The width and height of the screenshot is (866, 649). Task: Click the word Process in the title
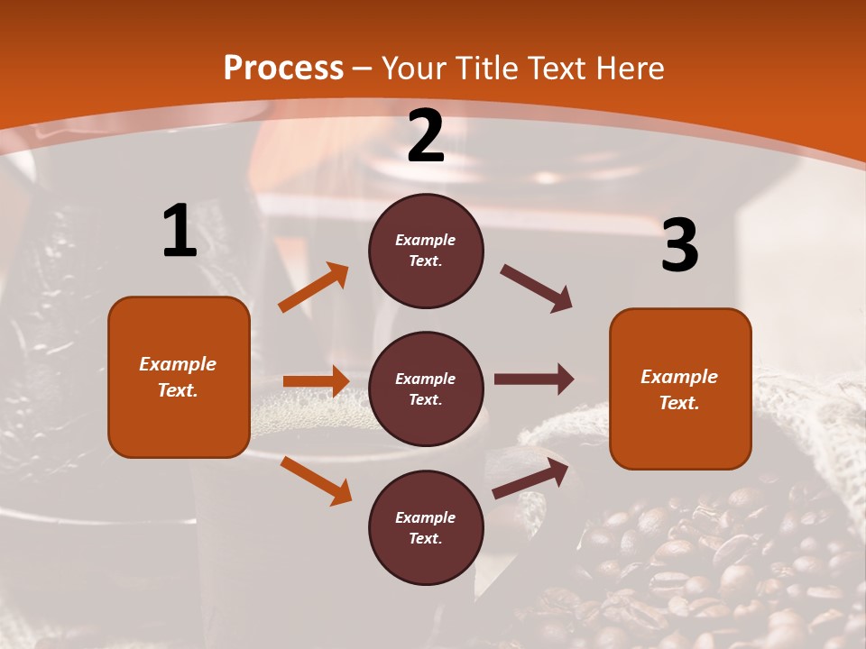point(283,68)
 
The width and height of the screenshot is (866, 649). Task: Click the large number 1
point(180,232)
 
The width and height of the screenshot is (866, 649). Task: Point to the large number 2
point(426,137)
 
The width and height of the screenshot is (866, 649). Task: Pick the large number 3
point(679,245)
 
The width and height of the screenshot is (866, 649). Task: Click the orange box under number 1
point(179,377)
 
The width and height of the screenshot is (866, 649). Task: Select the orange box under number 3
point(680,388)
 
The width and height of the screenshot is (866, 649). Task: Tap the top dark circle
point(426,251)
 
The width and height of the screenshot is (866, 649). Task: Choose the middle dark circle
point(426,388)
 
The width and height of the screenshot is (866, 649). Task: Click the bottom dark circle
point(426,527)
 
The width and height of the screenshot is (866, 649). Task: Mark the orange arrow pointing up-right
point(314,288)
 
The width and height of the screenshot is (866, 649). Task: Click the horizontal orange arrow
point(316,381)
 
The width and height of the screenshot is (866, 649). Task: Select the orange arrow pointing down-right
point(316,480)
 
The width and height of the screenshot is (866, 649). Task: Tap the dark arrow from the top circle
point(537,288)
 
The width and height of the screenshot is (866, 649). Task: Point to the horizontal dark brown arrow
point(534,379)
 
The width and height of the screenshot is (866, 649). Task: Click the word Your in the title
point(417,68)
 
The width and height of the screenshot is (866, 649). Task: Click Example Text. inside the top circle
point(426,251)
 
